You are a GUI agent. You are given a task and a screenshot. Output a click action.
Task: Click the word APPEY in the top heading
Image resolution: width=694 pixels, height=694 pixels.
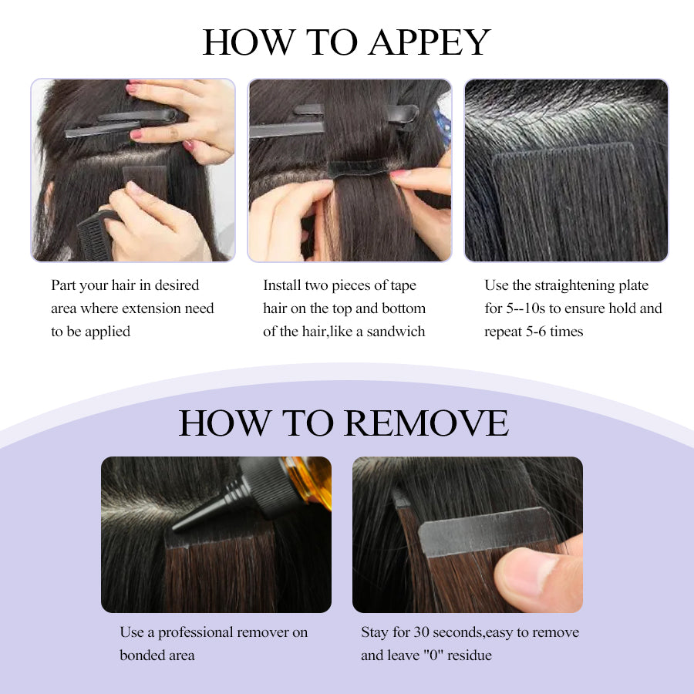430,42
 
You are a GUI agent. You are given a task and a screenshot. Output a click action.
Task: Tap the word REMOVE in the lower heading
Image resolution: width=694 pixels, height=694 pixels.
426,423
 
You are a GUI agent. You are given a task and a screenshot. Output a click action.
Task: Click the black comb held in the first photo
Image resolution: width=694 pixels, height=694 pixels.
95,237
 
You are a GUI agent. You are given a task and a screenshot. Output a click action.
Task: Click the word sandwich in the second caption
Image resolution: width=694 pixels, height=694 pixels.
396,332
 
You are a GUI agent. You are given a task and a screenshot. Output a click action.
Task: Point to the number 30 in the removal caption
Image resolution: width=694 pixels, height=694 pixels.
421,632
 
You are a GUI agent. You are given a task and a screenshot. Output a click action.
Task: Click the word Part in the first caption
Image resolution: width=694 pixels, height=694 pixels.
64,285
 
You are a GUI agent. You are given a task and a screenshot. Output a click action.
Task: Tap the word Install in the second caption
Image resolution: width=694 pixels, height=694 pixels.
282,285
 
